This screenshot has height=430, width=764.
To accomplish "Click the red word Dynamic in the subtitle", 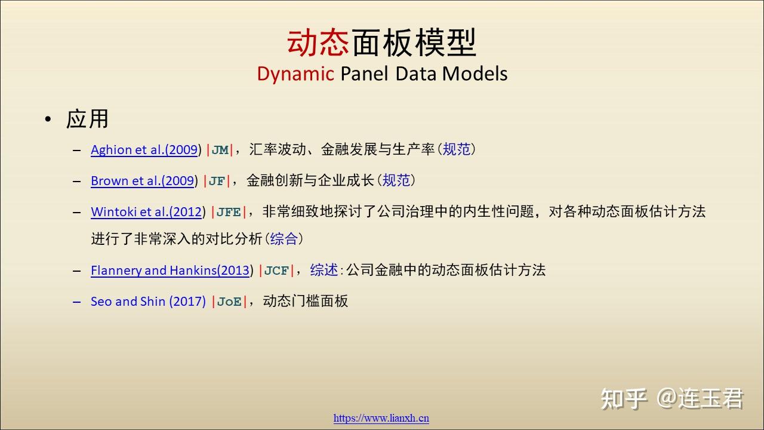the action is point(295,74).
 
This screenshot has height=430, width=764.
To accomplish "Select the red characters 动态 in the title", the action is point(318,42).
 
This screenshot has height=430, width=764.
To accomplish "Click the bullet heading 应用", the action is point(87,119).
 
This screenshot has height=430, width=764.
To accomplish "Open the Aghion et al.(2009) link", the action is point(144,150).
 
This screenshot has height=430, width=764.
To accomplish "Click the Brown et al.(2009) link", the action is point(143,181).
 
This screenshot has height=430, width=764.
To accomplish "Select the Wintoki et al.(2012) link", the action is point(147,212).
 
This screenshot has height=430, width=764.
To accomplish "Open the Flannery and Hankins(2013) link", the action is point(170,271).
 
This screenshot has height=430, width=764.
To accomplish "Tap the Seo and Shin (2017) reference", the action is point(149,302).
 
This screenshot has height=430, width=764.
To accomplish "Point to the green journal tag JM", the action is point(220,150).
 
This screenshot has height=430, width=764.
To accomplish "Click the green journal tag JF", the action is point(217,181).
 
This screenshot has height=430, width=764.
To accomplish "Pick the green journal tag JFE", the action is point(229,212).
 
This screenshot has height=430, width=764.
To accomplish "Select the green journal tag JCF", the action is point(276,271).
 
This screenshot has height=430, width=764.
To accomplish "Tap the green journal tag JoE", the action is point(229,302).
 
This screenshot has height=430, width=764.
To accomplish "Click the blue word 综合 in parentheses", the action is point(284,238).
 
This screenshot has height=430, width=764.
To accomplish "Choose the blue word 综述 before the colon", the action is point(324,270).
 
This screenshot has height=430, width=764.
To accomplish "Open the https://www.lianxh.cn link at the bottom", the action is point(381,418).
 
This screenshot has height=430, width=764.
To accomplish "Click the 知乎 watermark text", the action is point(624,398).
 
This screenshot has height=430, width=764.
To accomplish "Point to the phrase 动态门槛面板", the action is point(305,301).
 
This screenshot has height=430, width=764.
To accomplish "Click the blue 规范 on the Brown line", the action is point(396,180).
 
